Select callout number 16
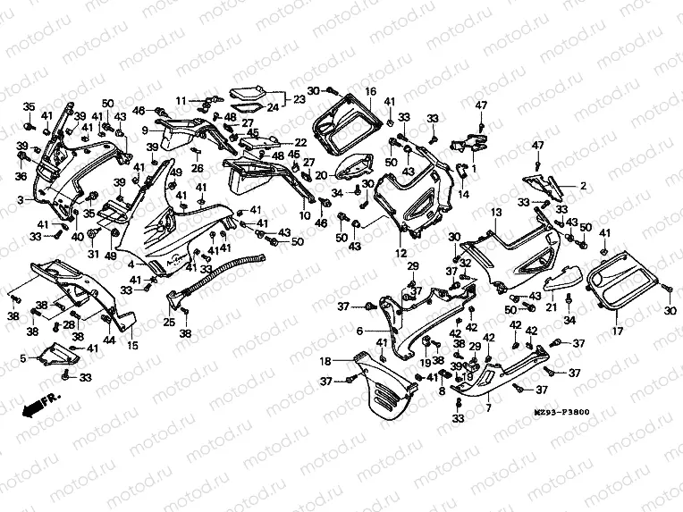(370, 91)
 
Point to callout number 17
(616, 332)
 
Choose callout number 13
(494, 213)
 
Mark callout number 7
(488, 407)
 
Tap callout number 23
(299, 100)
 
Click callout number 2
(584, 186)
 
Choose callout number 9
(144, 130)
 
